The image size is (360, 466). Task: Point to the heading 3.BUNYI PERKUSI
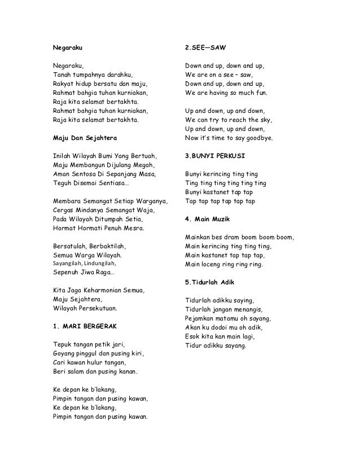click(x=215, y=155)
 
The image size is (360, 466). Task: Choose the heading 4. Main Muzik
click(x=207, y=219)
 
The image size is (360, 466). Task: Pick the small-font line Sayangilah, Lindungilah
click(x=84, y=263)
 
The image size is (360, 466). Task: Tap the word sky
click(x=265, y=120)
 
